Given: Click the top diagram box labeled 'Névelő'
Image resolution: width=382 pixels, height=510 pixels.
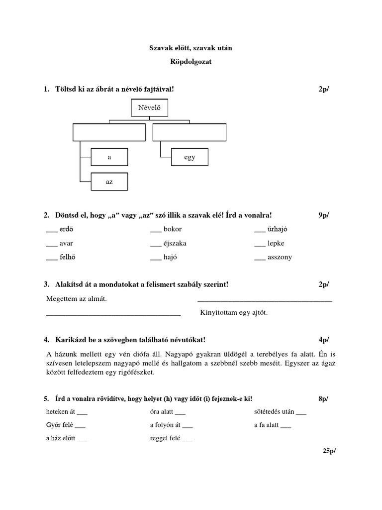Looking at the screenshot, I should (149, 107).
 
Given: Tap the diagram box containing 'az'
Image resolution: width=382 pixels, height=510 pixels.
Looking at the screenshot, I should (109, 182).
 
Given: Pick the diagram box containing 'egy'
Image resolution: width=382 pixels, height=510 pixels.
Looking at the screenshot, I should (190, 157).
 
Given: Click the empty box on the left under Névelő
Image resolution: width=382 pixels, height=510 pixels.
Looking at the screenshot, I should (109, 132).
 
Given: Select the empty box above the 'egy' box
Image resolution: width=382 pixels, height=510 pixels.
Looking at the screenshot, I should (190, 132).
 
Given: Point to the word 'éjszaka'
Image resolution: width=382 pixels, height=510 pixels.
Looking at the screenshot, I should (175, 244).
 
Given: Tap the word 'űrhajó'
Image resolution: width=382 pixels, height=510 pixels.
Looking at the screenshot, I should (278, 230).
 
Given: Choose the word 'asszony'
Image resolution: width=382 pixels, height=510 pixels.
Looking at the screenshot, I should (280, 257).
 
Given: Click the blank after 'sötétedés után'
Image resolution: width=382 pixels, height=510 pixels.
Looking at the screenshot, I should (301, 413).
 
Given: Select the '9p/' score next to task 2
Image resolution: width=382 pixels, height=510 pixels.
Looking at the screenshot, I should (324, 215).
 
